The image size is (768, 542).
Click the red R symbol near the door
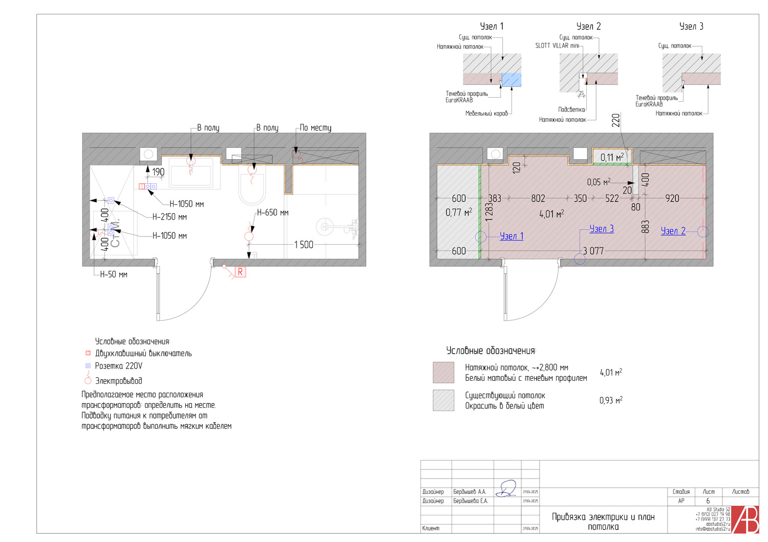[x=240, y=272]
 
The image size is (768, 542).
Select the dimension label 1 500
[x=304, y=245]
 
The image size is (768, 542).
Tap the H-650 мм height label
[x=272, y=212]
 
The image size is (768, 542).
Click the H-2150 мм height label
[x=169, y=217]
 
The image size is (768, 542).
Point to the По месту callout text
[x=315, y=127]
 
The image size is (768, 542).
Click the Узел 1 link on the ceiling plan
[x=511, y=236]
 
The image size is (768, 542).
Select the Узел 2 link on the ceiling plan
[x=673, y=231]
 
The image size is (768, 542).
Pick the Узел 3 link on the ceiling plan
[x=601, y=229]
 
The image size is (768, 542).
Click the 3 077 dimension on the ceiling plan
[x=593, y=251]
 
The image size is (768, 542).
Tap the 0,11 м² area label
[x=612, y=157]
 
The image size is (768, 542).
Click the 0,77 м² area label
[x=459, y=212]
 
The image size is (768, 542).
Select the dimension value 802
[x=538, y=198]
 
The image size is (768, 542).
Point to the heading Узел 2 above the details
[x=588, y=26]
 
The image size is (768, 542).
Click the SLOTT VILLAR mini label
[x=557, y=46]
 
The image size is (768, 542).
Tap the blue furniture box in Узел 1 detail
[x=511, y=79]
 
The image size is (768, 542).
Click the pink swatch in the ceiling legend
[x=443, y=372]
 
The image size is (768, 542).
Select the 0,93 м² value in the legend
[x=611, y=400]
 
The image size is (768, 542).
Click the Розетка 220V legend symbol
[x=88, y=366]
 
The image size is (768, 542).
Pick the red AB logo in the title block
[x=745, y=519]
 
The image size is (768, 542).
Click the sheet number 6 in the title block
[x=708, y=501]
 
